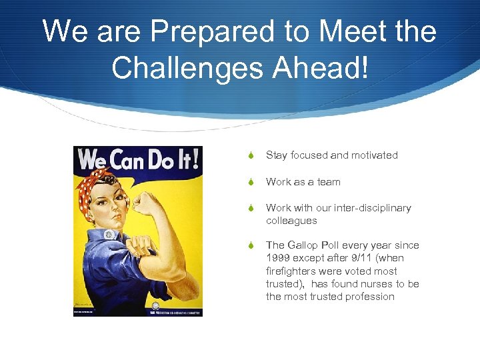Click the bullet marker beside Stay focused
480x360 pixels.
click(251, 155)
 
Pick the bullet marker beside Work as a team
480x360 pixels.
click(251, 182)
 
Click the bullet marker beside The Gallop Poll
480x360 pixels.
click(251, 245)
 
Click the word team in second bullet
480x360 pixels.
click(328, 182)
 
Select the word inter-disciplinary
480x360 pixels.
click(371, 208)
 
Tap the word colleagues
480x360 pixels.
click(291, 221)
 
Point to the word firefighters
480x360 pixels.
click(293, 271)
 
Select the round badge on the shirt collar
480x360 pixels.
click(109, 235)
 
